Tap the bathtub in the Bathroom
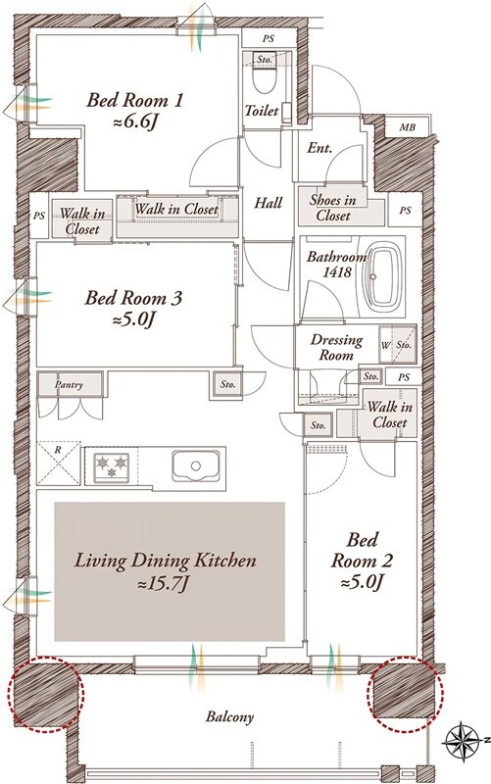(x=383, y=276)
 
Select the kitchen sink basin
(x=196, y=466)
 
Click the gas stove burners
(x=112, y=467)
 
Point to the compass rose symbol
(x=461, y=739)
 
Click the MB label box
(x=407, y=127)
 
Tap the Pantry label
(x=69, y=384)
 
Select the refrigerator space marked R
(x=59, y=463)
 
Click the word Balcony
(x=230, y=717)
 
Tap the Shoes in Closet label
(x=333, y=208)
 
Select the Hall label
(x=269, y=203)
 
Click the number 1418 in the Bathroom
(x=337, y=272)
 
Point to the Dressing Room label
(x=336, y=348)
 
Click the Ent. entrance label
(x=320, y=148)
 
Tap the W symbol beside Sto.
(x=385, y=345)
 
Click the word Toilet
(x=262, y=110)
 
